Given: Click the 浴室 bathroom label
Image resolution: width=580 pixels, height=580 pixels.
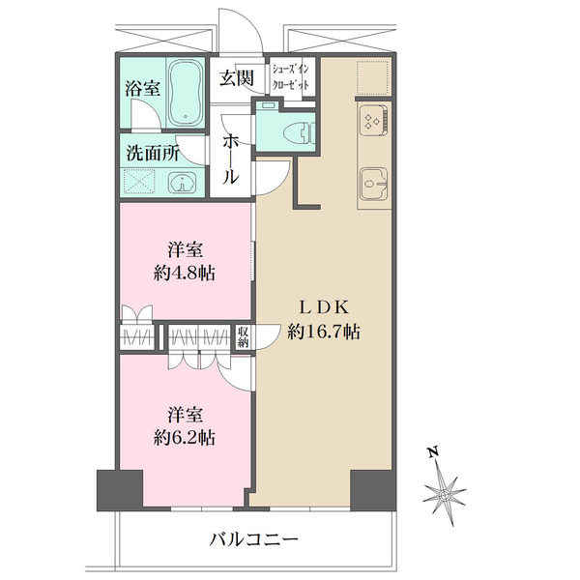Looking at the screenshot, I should click(142, 87).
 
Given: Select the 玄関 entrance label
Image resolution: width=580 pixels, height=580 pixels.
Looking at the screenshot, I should click(236, 78).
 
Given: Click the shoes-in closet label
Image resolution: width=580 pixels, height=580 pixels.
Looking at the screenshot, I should click(291, 77).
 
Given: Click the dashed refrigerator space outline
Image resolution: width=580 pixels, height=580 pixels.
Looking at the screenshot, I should click(371, 77).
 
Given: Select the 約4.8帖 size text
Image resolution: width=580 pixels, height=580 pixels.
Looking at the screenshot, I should click(185, 272).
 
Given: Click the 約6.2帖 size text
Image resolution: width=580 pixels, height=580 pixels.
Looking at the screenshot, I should click(185, 436).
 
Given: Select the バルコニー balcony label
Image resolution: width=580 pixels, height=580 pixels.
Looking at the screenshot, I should click(254, 538).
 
